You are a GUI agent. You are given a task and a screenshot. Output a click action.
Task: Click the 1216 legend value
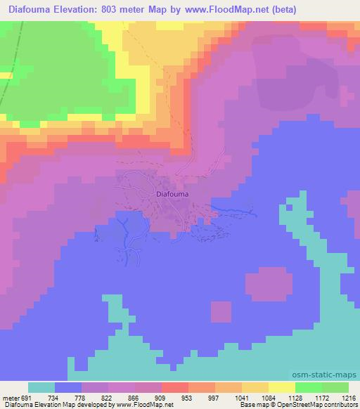(349, 398)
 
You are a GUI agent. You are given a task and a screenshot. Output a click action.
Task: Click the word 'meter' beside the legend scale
(10, 398)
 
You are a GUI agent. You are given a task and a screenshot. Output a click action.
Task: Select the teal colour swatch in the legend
(41, 388)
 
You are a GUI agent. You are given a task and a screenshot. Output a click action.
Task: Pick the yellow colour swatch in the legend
(281, 388)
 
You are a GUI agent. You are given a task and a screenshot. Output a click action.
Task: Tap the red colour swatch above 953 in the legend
(174, 388)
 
